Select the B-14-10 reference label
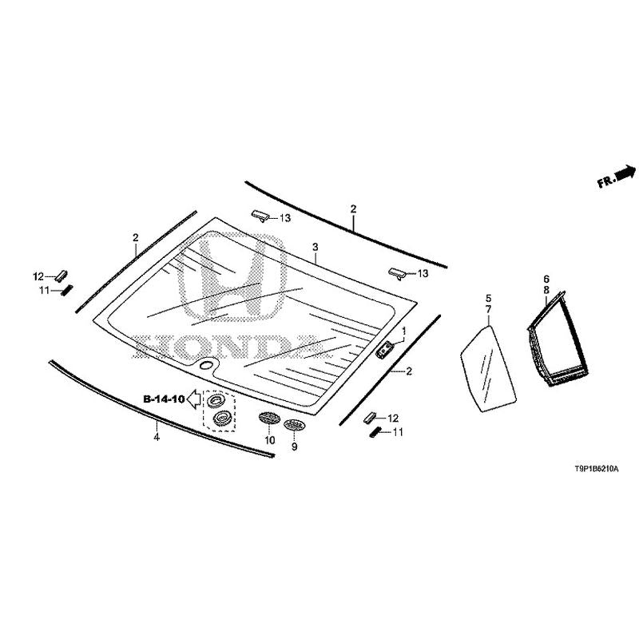pos(164,399)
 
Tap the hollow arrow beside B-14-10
pos(193,399)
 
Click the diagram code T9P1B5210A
pos(596,469)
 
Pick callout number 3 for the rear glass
pos(315,247)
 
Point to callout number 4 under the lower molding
pos(157,437)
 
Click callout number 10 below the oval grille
pos(270,440)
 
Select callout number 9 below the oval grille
pos(294,447)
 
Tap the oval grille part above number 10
pos(269,418)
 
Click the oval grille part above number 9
pos(294,425)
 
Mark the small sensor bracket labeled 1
pos(384,351)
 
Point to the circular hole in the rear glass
pos(208,365)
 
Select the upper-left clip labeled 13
pos(260,216)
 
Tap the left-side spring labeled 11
pos(67,290)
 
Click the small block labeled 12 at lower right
pos(371,417)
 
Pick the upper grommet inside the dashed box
pos(216,401)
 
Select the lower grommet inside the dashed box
pos(223,417)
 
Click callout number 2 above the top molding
pos(353,209)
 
